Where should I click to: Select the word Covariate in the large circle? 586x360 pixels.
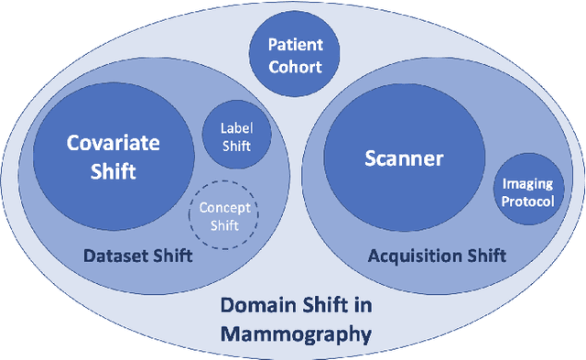point(113,143)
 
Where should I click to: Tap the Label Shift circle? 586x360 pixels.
point(233,136)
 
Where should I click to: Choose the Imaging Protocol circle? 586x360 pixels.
point(527,193)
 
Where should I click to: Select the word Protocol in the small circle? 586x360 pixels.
point(527,202)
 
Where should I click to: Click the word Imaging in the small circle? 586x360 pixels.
point(527,185)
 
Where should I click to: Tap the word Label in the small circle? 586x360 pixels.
point(234,129)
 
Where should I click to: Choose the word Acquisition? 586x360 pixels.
point(410,256)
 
